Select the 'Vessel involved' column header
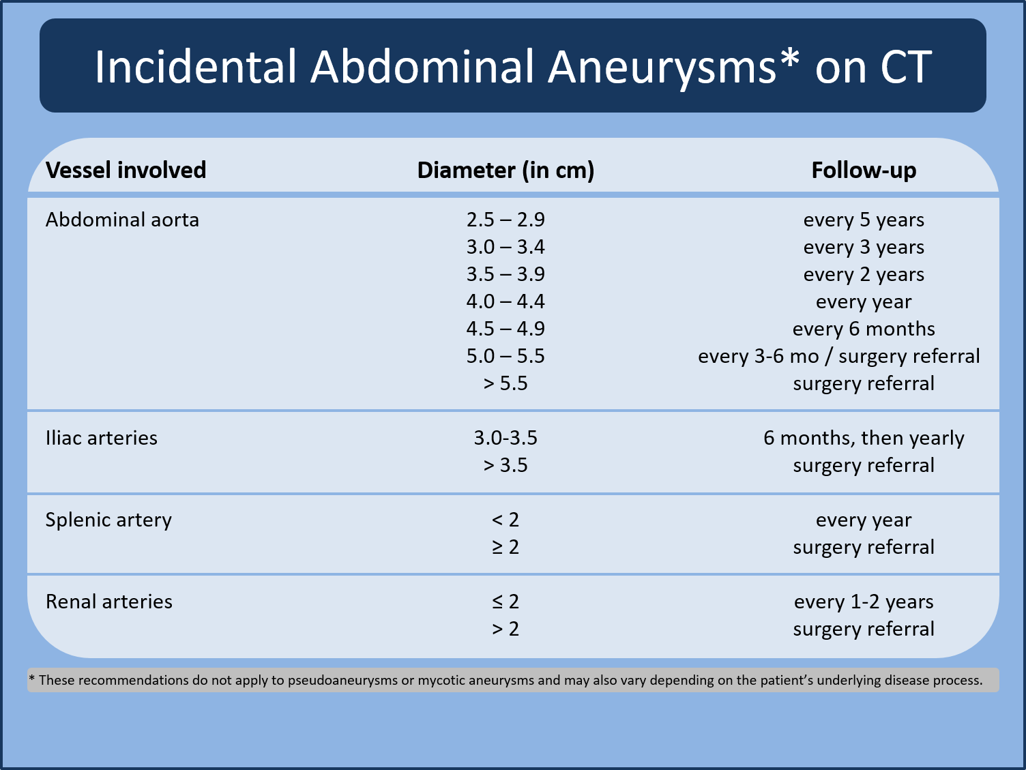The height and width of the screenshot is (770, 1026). pos(126,170)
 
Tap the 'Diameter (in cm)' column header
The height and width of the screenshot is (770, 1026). pos(505,170)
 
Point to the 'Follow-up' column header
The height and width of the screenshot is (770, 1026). pos(864,170)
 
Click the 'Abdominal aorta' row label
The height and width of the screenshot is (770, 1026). pos(122,220)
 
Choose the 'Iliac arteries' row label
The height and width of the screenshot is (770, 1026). pos(101,438)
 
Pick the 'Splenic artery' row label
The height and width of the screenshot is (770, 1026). pos(108,520)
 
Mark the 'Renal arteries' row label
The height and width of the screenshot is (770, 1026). pos(108,602)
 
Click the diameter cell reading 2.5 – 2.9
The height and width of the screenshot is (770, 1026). pos(505,220)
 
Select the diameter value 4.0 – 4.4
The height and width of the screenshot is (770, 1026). pos(505,301)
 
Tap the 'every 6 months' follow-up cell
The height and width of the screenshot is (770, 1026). pos(864,329)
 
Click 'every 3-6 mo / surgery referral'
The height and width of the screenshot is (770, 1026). pos(838,356)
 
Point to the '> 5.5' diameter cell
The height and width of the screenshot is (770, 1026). pos(505,383)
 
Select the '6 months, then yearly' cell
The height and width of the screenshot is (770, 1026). pos(864,438)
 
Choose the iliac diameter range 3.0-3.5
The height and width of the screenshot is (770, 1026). pos(505,438)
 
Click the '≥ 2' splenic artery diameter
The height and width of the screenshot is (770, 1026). pos(505,547)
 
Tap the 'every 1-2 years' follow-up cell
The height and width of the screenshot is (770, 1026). pos(864,602)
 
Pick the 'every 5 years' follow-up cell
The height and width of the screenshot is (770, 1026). pos(864,220)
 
